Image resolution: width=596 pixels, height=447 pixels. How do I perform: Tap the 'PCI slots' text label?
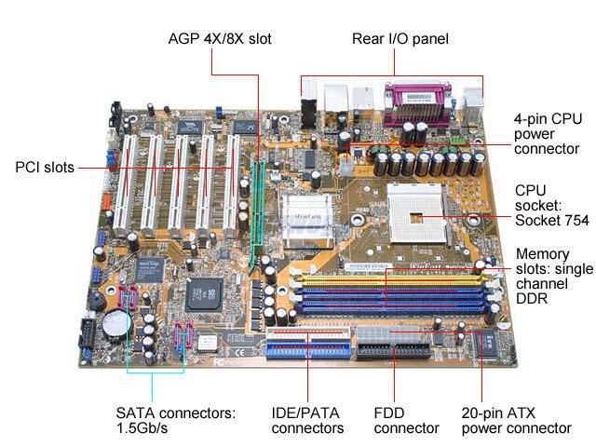click(45, 169)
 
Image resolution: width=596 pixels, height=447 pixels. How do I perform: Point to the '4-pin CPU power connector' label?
click(547, 134)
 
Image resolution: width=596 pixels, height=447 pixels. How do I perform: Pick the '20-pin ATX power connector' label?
click(516, 420)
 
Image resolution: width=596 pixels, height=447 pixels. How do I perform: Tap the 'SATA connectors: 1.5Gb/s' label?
click(177, 420)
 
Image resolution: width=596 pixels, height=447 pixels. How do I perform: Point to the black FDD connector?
click(396, 351)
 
